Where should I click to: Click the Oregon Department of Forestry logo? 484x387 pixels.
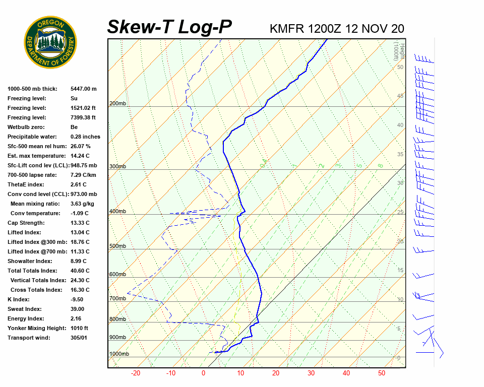[x=50, y=42]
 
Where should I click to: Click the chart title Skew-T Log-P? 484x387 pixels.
[x=169, y=27]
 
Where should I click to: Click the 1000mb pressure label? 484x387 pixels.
[x=119, y=354]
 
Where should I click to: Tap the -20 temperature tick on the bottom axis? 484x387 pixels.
[x=135, y=373]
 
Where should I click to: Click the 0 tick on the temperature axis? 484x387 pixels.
[x=204, y=373]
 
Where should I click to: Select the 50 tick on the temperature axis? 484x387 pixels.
[x=382, y=373]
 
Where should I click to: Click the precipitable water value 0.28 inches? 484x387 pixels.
[x=85, y=137]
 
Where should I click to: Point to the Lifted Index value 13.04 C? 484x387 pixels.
[x=80, y=232]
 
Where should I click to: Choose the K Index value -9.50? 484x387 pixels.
[x=78, y=299]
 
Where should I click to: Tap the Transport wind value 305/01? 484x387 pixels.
[x=79, y=338]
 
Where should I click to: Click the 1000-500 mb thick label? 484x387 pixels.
[x=30, y=89]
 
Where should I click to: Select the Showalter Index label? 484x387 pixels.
[x=30, y=261]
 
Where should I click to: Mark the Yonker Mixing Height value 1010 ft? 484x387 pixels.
[x=79, y=328]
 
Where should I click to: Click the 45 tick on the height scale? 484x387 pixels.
[x=400, y=96]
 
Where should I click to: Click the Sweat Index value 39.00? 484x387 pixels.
[x=77, y=309]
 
